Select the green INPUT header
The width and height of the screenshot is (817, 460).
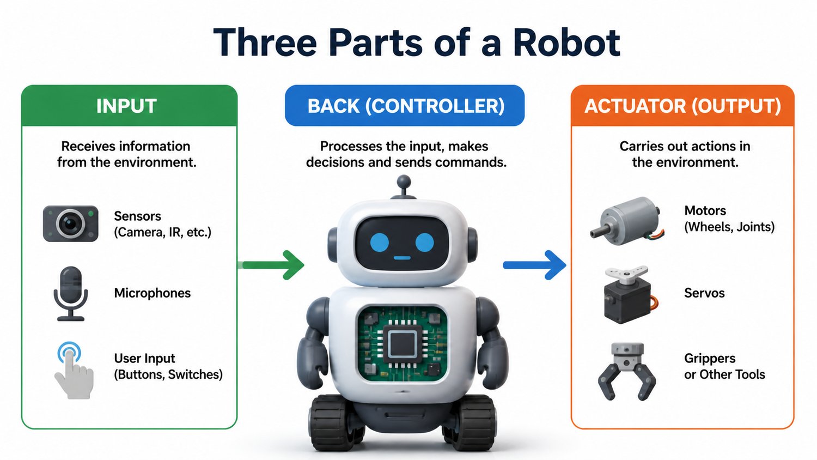pos(130,106)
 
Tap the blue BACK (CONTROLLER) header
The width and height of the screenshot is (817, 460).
pos(405,106)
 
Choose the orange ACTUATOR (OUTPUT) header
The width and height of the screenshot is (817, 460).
pos(682,106)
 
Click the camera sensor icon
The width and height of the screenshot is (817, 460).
pos(71,223)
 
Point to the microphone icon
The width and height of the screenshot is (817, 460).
pos(71,294)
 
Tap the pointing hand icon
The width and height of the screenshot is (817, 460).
pos(74,370)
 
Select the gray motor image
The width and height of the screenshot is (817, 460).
pos(627,221)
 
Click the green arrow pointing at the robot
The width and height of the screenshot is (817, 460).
pos(271,265)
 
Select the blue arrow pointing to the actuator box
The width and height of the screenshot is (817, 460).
pos(535,265)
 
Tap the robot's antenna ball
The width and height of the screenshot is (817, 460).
pos(404,181)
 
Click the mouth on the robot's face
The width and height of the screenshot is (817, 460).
pos(402,258)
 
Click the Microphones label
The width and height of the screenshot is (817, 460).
pos(152,293)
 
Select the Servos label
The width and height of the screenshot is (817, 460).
pos(704,293)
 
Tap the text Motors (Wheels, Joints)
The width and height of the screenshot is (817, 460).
pos(729,219)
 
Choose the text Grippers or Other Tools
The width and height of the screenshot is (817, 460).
pos(724,366)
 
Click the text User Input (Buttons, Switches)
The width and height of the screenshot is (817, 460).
pos(168,366)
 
